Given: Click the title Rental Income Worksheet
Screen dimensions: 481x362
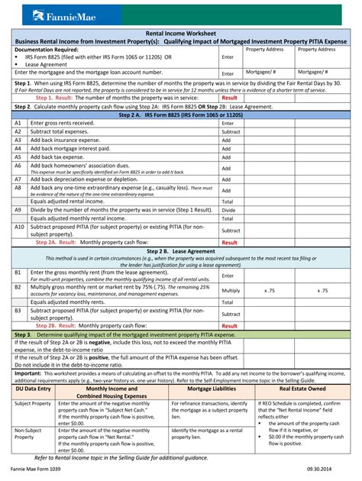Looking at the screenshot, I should click(181, 34).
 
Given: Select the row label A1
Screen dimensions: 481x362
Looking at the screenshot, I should click(18, 122).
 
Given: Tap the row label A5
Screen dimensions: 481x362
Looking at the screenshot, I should click(18, 157).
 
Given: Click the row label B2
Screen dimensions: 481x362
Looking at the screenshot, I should click(18, 288).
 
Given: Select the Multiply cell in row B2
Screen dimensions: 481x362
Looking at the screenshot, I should click(230, 290).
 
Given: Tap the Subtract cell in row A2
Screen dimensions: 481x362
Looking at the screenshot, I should click(230, 131).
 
